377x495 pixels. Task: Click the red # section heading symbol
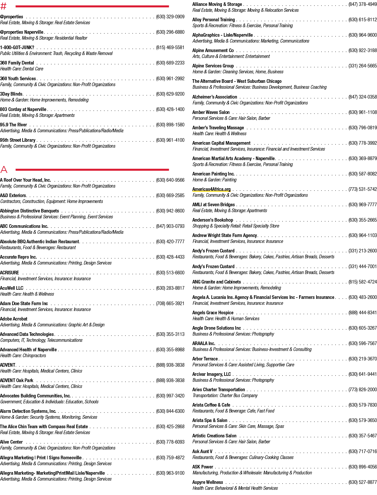click(3, 6)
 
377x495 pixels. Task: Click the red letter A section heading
click(4, 169)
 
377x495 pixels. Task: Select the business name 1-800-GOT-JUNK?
click(17, 47)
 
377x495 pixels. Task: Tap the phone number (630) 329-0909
click(170, 17)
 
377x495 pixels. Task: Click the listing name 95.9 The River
click(13, 125)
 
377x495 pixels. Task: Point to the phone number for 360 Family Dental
click(170, 63)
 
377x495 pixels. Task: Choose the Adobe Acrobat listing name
click(14, 319)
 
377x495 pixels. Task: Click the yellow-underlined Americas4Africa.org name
click(211, 189)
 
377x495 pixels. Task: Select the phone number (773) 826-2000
click(363, 390)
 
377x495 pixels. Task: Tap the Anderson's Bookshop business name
click(213, 220)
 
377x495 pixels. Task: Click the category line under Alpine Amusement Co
click(231, 56)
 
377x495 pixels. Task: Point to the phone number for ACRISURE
click(170, 273)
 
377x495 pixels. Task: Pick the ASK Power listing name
click(203, 467)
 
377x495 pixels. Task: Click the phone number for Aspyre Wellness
click(363, 482)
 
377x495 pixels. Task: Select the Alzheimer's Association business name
click(215, 97)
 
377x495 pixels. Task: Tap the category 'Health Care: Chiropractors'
click(23, 356)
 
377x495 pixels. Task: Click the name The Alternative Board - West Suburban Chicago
click(237, 81)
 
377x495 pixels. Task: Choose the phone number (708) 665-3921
click(170, 303)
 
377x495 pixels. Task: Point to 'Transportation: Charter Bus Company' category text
click(225, 395)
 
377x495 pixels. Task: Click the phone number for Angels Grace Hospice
click(363, 313)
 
